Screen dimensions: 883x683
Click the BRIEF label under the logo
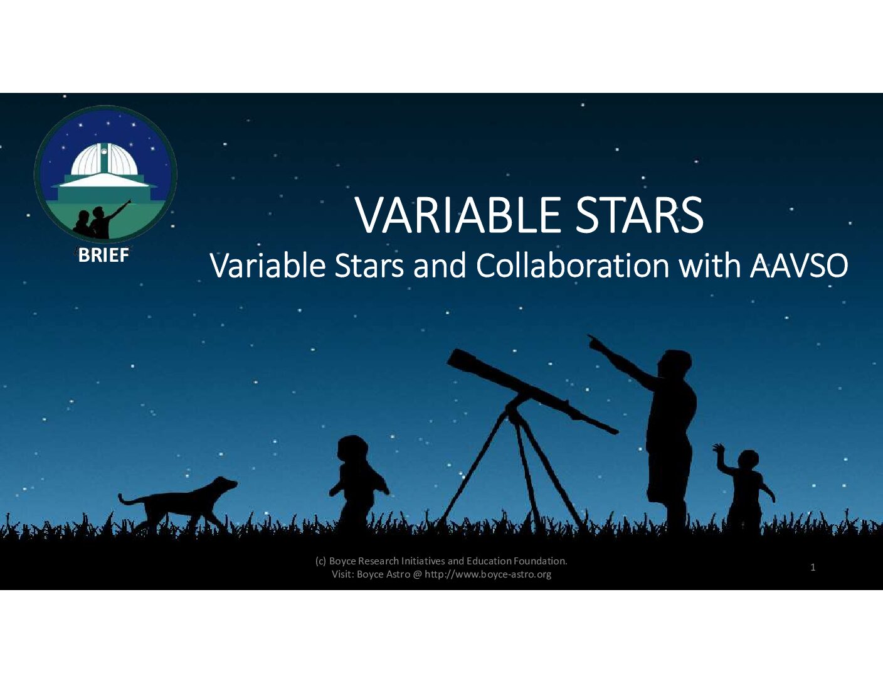(103, 255)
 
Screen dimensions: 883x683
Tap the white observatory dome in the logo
(105, 159)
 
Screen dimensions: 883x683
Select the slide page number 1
(813, 567)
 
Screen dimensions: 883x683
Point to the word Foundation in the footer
(540, 561)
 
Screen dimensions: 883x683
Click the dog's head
(225, 484)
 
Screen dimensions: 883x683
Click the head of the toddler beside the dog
(352, 449)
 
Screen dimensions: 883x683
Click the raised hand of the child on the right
(718, 448)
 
